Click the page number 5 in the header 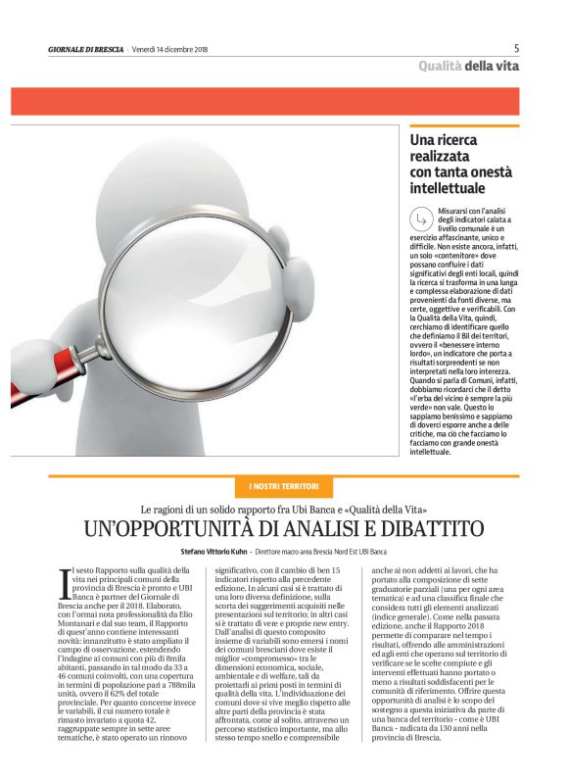pyautogui.click(x=516, y=47)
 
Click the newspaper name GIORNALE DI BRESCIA pyautogui.click(x=87, y=48)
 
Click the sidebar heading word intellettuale pyautogui.click(x=446, y=187)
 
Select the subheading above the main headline pyautogui.click(x=284, y=509)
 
